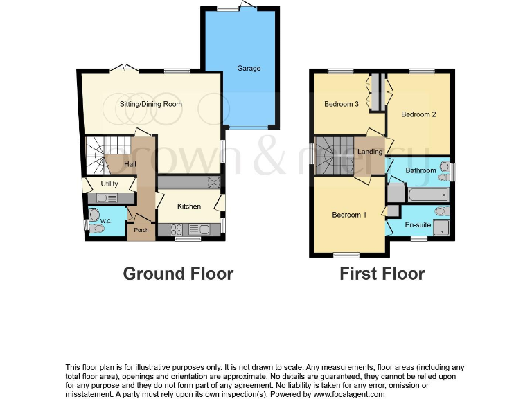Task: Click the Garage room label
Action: (x=249, y=69)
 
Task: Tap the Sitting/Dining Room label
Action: (x=151, y=105)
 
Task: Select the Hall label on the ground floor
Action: (x=130, y=164)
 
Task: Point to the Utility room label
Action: (x=109, y=184)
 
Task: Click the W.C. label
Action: (x=105, y=222)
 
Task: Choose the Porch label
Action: (x=141, y=230)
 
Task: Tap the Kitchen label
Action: (x=188, y=206)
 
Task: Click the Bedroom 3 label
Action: (x=342, y=105)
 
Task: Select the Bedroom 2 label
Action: (x=418, y=114)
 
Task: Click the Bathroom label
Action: (x=420, y=170)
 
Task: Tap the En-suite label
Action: (x=418, y=225)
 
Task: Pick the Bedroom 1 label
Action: (x=349, y=215)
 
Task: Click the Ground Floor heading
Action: (x=178, y=274)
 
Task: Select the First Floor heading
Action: (x=382, y=274)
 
